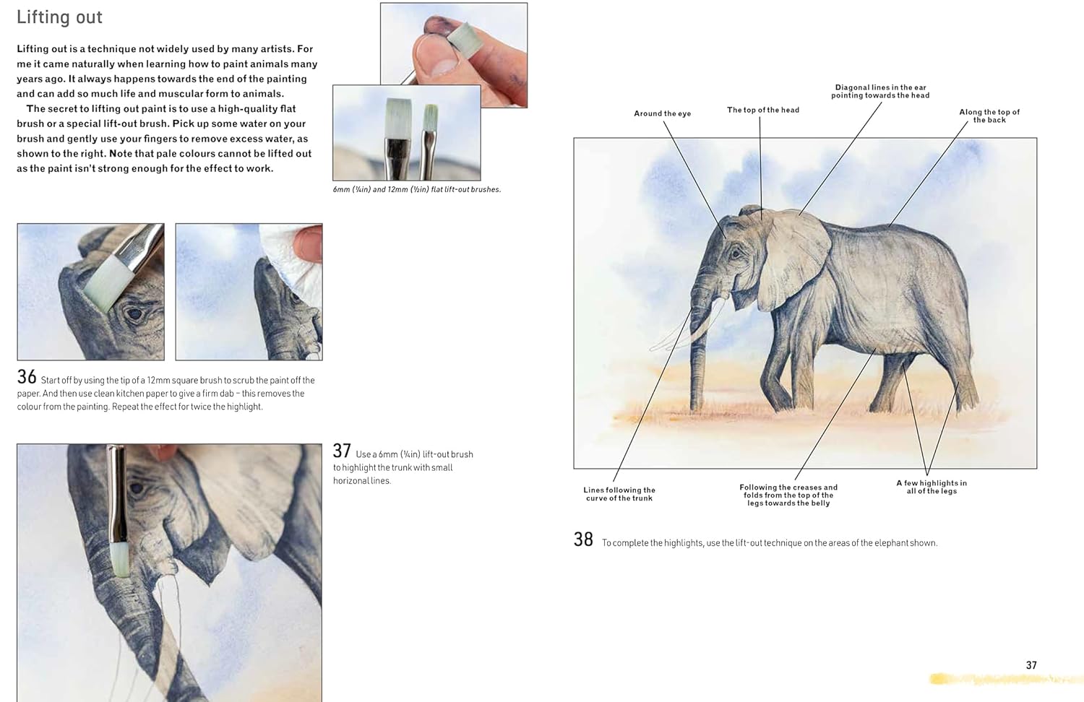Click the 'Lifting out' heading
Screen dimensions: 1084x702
tap(59, 17)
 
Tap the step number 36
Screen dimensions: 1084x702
tap(27, 376)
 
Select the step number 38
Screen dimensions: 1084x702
tap(583, 539)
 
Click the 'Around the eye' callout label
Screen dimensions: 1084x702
tap(663, 113)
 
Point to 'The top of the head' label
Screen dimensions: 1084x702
tap(763, 110)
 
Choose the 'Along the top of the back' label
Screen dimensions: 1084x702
tap(989, 116)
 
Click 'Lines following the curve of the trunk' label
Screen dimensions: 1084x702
tap(619, 494)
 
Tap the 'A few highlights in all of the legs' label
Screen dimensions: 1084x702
tap(932, 487)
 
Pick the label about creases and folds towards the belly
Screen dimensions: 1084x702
tap(788, 495)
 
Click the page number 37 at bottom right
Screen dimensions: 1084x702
tap(1031, 665)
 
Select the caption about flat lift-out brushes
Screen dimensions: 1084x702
tap(417, 189)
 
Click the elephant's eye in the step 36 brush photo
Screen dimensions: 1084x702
tap(134, 314)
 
